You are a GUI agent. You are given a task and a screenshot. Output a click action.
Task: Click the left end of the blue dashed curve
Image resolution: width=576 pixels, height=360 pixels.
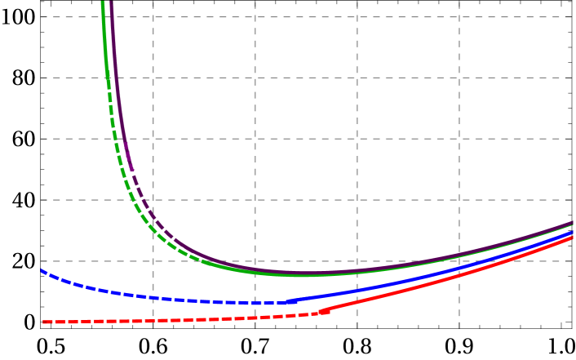coord(42,270)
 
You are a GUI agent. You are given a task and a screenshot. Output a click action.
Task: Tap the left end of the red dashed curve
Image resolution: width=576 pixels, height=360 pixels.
coord(43,322)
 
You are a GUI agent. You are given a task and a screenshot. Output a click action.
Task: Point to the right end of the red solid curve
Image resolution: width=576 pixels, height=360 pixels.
coord(574,237)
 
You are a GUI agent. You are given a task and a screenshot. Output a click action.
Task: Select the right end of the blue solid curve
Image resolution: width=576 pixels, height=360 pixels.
coord(574,232)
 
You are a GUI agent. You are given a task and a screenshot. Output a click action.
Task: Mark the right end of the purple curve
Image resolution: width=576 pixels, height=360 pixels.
coord(574,221)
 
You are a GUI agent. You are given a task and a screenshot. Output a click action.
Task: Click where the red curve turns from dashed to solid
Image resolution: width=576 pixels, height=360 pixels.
coord(323,311)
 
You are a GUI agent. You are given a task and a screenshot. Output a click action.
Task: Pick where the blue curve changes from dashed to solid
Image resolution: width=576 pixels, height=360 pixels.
coord(288,301)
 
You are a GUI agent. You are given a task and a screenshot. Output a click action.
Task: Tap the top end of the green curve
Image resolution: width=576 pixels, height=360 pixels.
coord(103,2)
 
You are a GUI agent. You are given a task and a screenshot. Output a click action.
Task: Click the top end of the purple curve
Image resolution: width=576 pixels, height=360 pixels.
coord(111,2)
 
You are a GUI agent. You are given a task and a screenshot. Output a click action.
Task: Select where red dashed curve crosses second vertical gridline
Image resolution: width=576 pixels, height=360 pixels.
coord(255,318)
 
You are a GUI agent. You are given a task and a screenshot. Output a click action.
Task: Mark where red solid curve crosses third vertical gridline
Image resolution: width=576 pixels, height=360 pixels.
coord(357,304)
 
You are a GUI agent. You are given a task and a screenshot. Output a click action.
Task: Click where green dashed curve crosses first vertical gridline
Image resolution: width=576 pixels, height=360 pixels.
coord(153,230)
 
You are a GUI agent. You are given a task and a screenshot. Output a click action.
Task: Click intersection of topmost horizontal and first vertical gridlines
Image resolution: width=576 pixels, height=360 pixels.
coord(153,17)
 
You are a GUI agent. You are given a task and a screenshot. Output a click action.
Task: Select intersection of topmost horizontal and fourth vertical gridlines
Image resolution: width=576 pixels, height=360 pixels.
coord(459,17)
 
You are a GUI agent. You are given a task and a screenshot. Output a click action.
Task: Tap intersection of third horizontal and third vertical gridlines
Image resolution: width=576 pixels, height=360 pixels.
coord(357,139)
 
